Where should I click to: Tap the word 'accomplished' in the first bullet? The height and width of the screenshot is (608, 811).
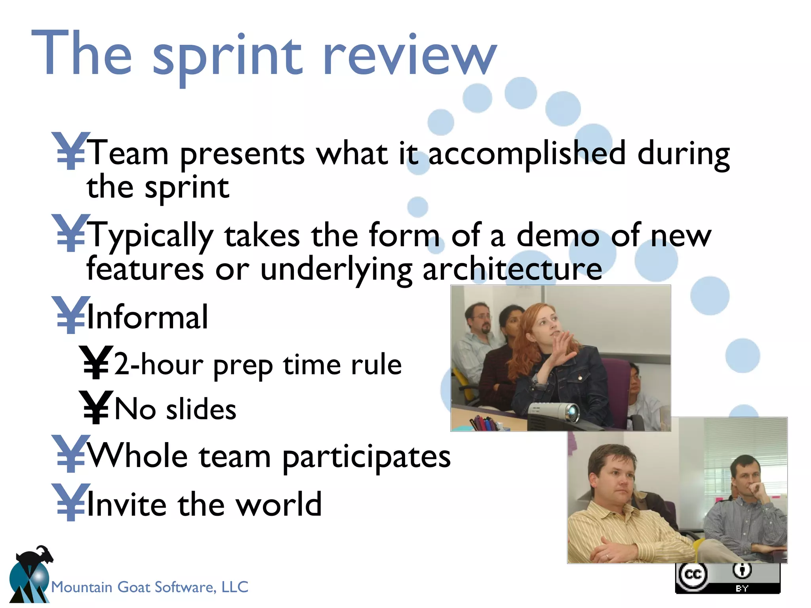(527, 154)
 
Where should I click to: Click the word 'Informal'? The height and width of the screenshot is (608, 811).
(147, 317)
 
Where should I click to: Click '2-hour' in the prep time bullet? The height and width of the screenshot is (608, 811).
(158, 364)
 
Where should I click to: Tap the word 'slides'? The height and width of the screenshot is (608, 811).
(201, 410)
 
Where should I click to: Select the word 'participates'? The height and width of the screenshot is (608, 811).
(366, 458)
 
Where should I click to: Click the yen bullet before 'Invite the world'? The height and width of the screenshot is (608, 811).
(70, 503)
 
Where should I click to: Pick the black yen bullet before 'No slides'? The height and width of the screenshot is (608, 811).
(95, 408)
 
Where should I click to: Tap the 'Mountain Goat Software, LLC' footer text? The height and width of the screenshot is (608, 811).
(150, 587)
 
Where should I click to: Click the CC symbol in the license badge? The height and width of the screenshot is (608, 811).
(693, 574)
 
